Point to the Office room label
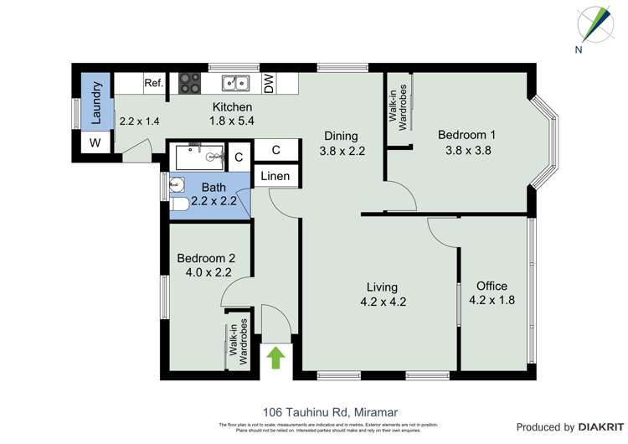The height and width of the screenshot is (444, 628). coord(492,286)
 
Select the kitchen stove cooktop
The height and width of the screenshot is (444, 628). coord(189,83)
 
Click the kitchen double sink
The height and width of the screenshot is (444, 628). coord(235,83)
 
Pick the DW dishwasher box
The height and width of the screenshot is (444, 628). coord(269,83)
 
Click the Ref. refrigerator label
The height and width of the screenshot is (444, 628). coord(153,83)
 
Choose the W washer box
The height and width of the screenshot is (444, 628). coord(95,143)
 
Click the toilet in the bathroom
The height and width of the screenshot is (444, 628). coord(178,204)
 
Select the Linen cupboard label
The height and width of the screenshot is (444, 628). coord(275,176)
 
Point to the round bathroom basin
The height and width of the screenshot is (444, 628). coord(175,184)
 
